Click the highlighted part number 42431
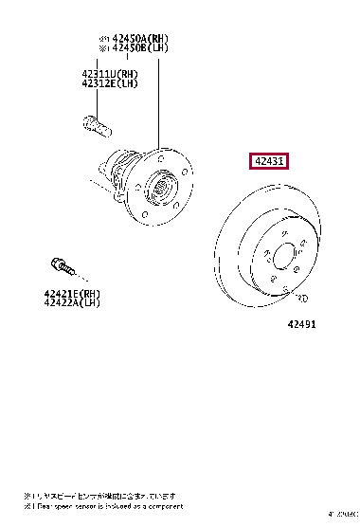[x=270, y=162]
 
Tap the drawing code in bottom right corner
[x=343, y=516]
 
